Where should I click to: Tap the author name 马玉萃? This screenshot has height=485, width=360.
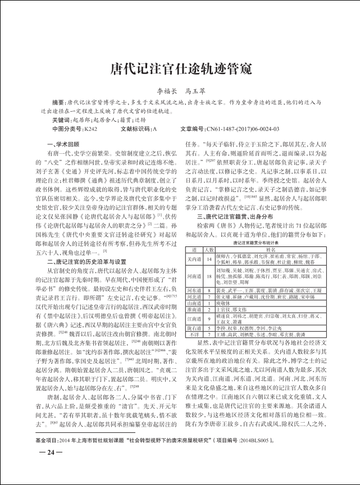[196, 90]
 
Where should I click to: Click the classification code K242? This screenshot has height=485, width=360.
[90, 129]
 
